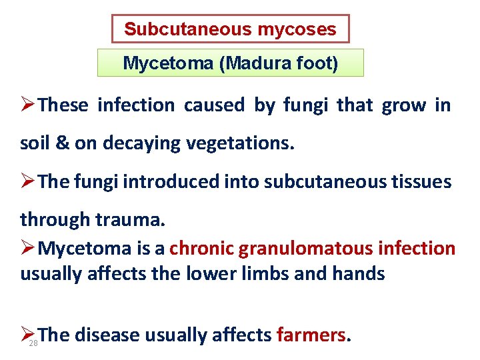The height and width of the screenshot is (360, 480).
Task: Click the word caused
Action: point(214,105)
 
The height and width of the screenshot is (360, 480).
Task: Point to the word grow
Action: point(403,105)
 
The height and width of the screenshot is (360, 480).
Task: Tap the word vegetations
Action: point(236,144)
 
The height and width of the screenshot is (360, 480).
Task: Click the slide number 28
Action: point(33,343)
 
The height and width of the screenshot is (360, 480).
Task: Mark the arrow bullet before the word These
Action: point(28,105)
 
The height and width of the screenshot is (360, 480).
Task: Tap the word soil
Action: point(35,144)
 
